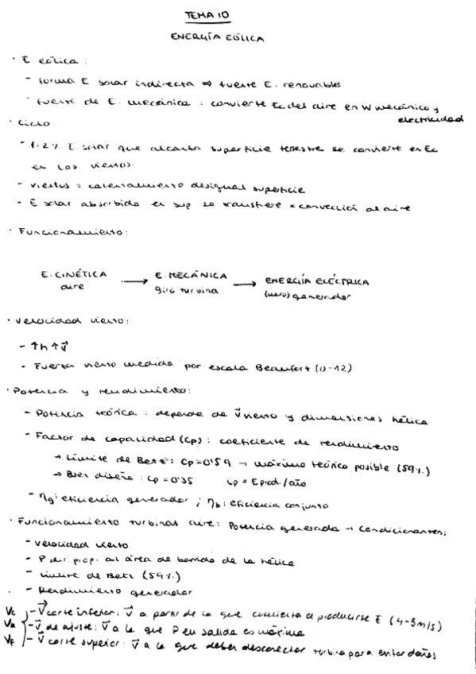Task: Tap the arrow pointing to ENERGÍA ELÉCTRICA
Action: point(246,284)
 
